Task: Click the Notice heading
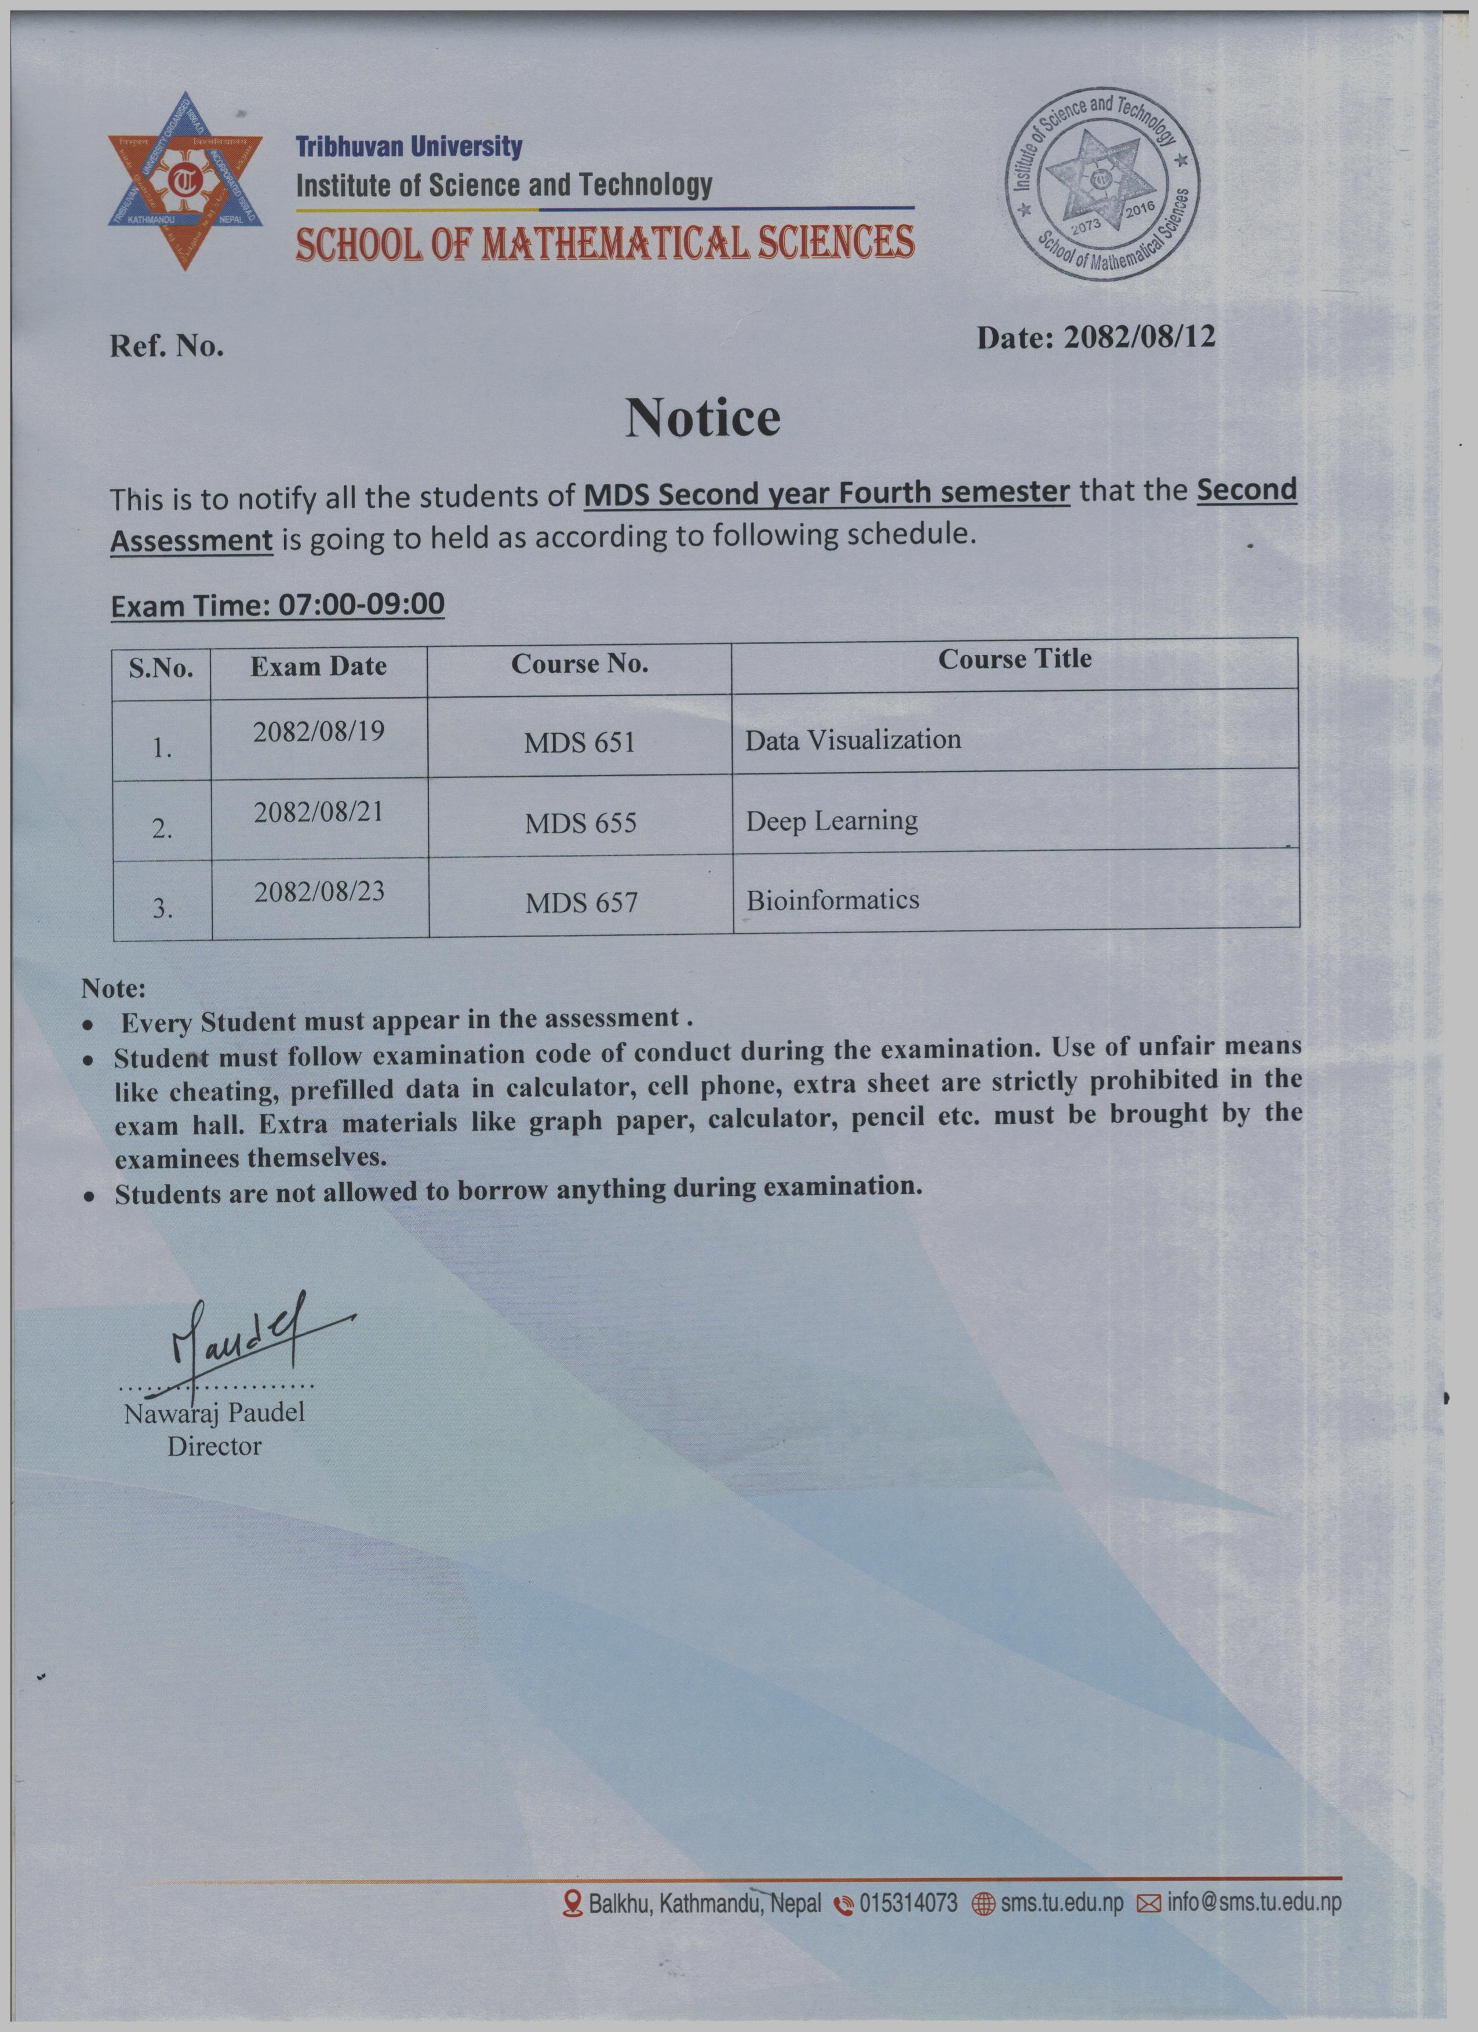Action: point(702,418)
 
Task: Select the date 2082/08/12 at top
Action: point(1138,338)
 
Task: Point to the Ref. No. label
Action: point(167,347)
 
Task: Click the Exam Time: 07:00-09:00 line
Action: point(277,605)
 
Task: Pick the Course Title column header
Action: point(1015,659)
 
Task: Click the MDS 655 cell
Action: point(581,823)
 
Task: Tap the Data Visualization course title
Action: point(853,740)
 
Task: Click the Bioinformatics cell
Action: point(833,900)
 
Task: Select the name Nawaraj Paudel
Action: point(214,1414)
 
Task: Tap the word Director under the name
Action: point(214,1446)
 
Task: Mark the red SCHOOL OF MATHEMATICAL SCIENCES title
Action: point(605,244)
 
